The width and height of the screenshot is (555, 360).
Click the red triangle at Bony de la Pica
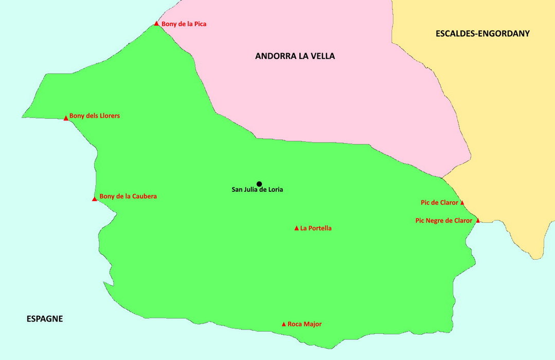(156, 23)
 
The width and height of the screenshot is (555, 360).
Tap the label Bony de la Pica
(184, 24)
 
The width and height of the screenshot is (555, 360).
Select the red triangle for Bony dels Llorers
(66, 118)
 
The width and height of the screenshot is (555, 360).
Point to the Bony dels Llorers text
(94, 116)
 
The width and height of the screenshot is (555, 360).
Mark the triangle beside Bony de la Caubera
(95, 199)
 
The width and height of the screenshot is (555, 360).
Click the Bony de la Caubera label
(128, 196)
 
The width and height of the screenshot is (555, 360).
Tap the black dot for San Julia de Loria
(259, 184)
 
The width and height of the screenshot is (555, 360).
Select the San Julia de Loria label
(257, 190)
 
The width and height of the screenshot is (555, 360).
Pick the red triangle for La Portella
(296, 228)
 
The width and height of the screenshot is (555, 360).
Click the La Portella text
(316, 228)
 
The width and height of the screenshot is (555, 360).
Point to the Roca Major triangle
(283, 324)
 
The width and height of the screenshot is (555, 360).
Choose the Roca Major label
(305, 324)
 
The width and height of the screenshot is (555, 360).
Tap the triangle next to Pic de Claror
(462, 203)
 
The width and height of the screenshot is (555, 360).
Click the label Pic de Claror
(439, 203)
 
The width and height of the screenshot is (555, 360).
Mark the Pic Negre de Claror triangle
(478, 221)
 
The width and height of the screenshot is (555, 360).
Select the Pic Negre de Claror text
(443, 221)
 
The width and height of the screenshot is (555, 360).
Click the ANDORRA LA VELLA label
(295, 56)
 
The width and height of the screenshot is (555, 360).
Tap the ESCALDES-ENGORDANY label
(482, 34)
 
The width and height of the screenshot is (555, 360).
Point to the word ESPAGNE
(45, 319)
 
